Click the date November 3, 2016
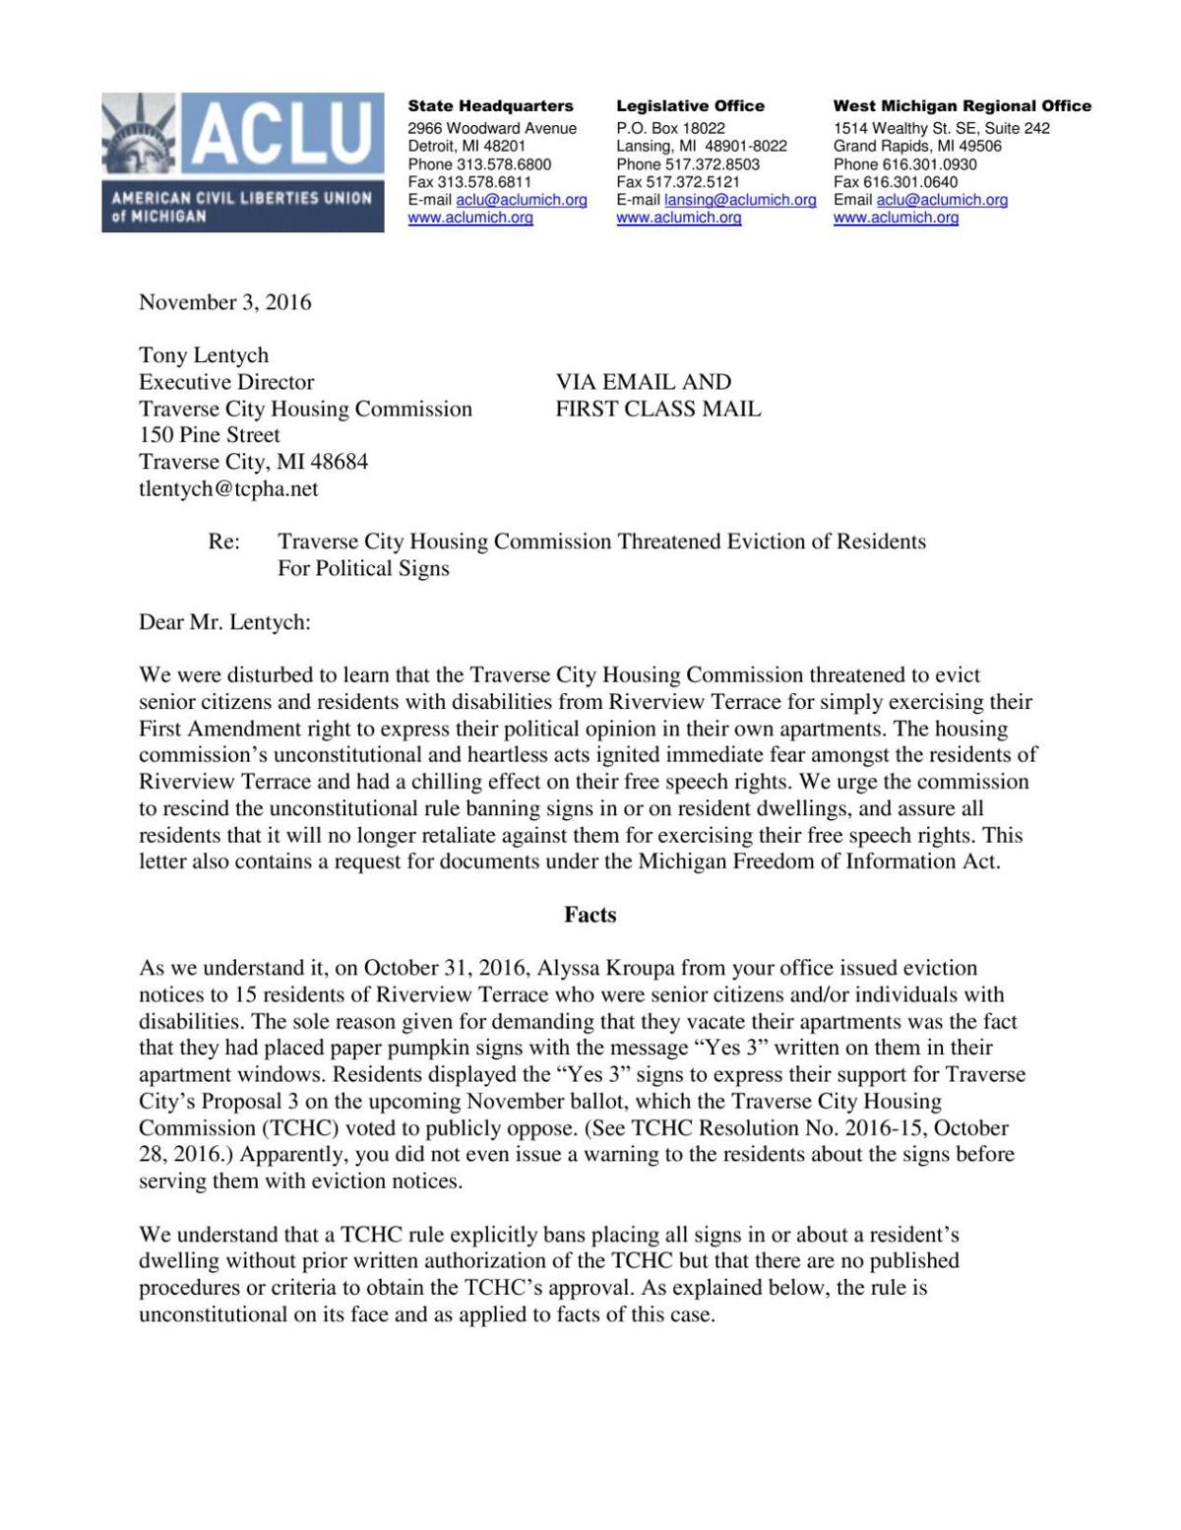pos(224,302)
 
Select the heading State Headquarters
pos(490,106)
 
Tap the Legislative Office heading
pos(690,106)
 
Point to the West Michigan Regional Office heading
pos(962,106)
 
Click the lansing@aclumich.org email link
pos(740,200)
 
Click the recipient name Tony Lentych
pos(203,355)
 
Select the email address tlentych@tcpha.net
pos(228,488)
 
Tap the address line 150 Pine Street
pos(209,435)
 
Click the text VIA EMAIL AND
pos(644,382)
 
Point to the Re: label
pos(224,542)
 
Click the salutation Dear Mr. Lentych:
pos(224,622)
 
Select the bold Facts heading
pos(590,915)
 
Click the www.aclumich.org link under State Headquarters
pos(470,218)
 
